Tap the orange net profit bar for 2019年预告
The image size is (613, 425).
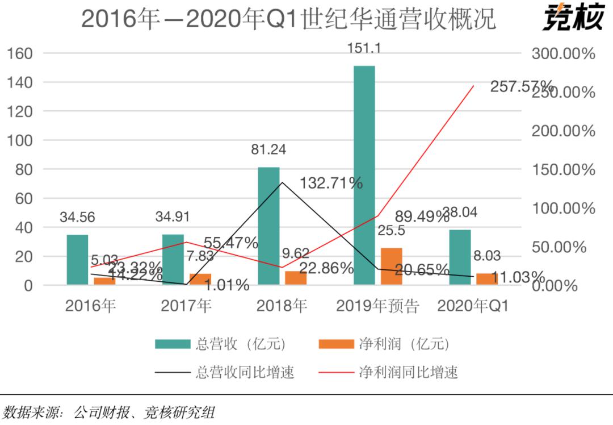[x=391, y=266]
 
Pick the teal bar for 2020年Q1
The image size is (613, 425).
[x=460, y=257]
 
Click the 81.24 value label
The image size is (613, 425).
[x=268, y=151]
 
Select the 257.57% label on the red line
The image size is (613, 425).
[x=522, y=88]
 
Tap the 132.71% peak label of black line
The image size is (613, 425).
[x=331, y=183]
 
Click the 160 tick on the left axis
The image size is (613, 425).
[x=20, y=54]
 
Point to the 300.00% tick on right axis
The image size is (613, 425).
[x=563, y=54]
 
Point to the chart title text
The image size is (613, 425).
[x=288, y=19]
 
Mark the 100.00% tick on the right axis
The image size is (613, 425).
[x=563, y=209]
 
